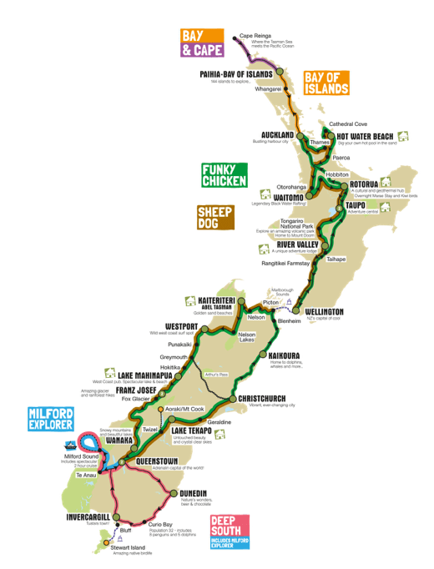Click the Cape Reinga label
(x=255, y=36)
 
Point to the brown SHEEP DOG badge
(x=214, y=218)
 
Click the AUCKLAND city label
(x=277, y=134)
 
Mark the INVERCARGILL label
(x=88, y=516)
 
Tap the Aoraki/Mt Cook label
(x=184, y=410)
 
